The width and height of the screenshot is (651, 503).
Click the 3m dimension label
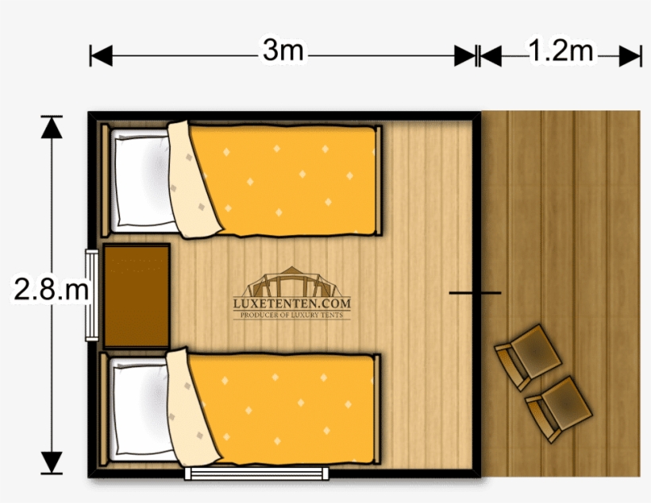[x=283, y=52]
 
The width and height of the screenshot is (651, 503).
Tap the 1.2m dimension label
[x=561, y=52]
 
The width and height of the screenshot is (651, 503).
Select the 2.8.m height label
[x=49, y=289]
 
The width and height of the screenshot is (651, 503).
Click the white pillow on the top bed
[x=140, y=179]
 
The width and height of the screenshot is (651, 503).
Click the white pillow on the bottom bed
[x=140, y=410]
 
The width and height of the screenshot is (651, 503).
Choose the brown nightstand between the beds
[x=137, y=295]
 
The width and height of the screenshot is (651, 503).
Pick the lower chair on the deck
[x=560, y=407]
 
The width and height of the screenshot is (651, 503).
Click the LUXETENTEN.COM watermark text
[x=291, y=303]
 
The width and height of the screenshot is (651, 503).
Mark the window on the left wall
[x=92, y=295]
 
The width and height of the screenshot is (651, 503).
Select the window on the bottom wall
[x=256, y=473]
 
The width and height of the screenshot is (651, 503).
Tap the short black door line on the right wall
[x=475, y=293]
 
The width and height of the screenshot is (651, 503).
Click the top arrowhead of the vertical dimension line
[x=52, y=127]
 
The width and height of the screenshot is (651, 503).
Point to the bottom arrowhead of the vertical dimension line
[x=52, y=462]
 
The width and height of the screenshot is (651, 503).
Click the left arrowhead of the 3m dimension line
[x=101, y=56]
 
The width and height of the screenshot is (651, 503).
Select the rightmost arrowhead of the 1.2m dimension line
[x=630, y=56]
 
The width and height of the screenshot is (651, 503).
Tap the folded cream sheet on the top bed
[x=191, y=181]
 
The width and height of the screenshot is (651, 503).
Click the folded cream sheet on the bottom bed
[x=191, y=410]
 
